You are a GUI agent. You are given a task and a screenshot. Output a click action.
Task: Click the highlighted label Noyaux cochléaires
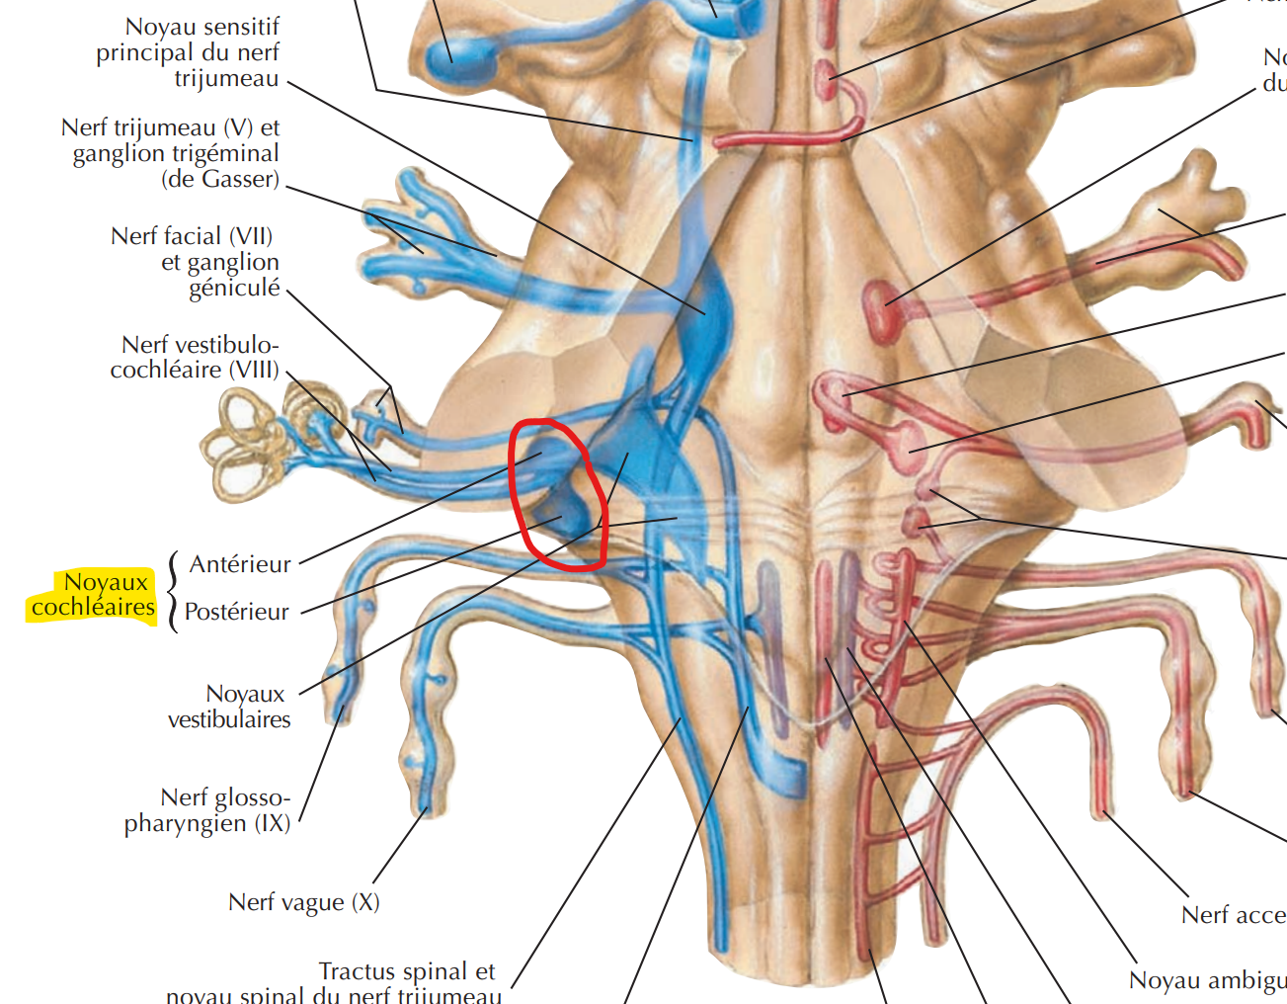[x=94, y=594]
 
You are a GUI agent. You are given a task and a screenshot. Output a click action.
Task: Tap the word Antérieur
[x=240, y=564]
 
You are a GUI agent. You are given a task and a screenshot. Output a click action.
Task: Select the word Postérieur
[x=236, y=612]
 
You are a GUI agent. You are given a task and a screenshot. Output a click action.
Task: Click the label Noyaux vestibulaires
[x=229, y=707]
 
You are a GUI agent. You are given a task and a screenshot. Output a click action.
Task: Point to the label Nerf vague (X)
[x=303, y=902]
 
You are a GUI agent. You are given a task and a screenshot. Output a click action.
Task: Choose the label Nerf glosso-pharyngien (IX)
[x=207, y=810]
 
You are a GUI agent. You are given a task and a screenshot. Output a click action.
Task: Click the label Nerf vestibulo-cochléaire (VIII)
[x=195, y=357]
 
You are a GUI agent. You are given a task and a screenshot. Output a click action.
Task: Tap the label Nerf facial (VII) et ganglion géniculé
[x=196, y=262]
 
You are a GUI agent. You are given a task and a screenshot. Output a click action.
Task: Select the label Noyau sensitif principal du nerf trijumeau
[x=188, y=52]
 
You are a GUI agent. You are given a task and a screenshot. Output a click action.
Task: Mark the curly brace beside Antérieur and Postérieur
[x=174, y=591]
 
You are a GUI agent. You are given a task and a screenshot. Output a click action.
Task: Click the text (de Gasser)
[x=220, y=179]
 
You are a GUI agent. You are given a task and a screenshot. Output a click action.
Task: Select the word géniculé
[x=235, y=288]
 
